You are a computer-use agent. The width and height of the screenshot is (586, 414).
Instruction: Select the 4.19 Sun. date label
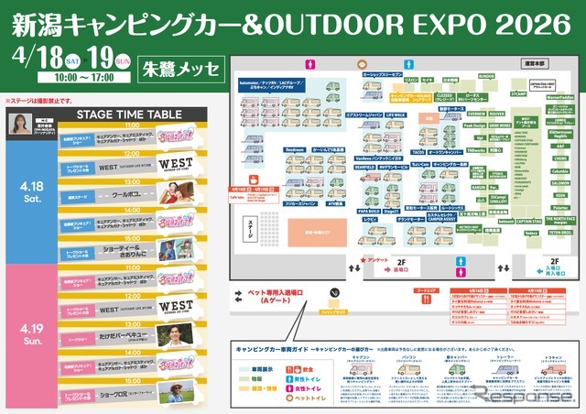point(25,330)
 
